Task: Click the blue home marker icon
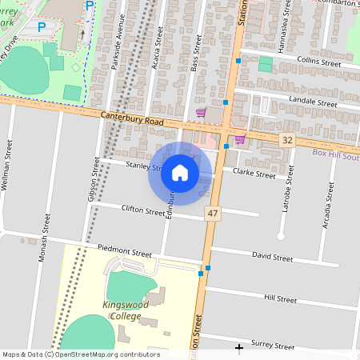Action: click(x=180, y=173)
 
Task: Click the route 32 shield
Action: click(x=287, y=140)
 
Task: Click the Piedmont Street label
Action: click(x=124, y=251)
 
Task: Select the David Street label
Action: click(x=272, y=258)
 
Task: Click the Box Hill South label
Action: click(x=336, y=152)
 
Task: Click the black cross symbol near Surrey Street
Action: click(x=239, y=348)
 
